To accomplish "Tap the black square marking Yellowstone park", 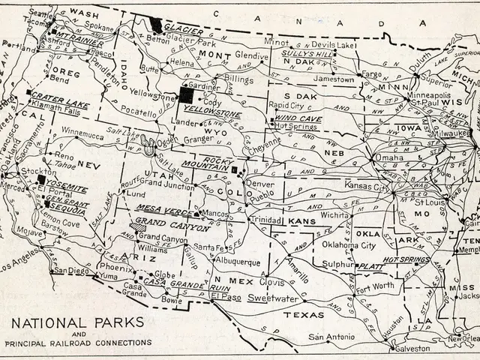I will (x=184, y=95).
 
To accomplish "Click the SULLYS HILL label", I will (x=303, y=54).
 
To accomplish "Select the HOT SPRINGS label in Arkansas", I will (x=405, y=259).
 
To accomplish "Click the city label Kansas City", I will (x=367, y=184).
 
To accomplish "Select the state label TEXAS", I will (x=304, y=315).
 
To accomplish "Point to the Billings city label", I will (x=240, y=78).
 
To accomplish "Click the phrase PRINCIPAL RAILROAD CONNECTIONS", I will (x=77, y=343).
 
